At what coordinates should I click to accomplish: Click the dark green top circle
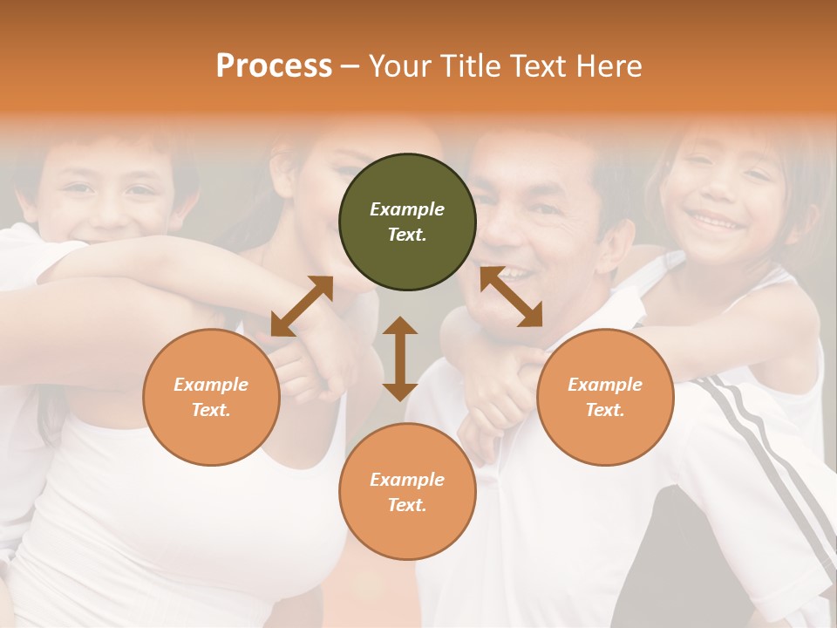click(x=407, y=222)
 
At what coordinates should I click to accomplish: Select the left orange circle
click(x=211, y=397)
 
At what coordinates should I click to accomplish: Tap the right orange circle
click(x=605, y=397)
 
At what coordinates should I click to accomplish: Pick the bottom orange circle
click(x=407, y=492)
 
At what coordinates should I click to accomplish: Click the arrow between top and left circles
click(x=302, y=305)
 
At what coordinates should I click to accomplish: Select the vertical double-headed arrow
click(x=400, y=358)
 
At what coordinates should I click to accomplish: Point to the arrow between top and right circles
click(x=511, y=297)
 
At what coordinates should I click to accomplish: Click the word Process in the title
click(x=274, y=65)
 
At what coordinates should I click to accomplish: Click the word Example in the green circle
click(x=407, y=209)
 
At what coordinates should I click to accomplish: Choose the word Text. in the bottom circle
click(x=407, y=505)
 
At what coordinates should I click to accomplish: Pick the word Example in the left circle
click(x=211, y=385)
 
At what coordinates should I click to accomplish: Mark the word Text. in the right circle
click(x=605, y=410)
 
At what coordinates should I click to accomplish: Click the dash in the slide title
click(x=350, y=66)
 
